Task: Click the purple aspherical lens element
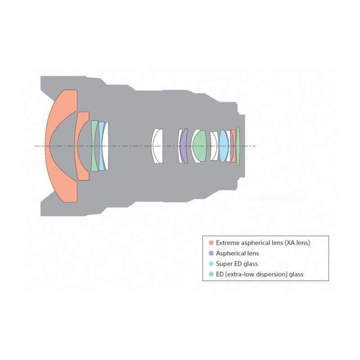(x=183, y=146)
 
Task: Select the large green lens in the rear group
(x=199, y=146)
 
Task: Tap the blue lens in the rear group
(x=223, y=146)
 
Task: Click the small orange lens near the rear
(x=233, y=146)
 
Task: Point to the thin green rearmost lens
(x=238, y=146)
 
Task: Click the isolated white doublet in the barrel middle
(x=157, y=146)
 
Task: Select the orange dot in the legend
(x=211, y=243)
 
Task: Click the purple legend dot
(x=211, y=253)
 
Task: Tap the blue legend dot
(x=211, y=264)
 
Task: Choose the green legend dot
(x=211, y=274)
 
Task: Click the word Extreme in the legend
(x=226, y=243)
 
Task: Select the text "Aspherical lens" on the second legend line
(x=238, y=253)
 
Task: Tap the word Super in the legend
(x=223, y=264)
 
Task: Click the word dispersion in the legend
(x=272, y=274)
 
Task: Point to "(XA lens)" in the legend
(x=297, y=243)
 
